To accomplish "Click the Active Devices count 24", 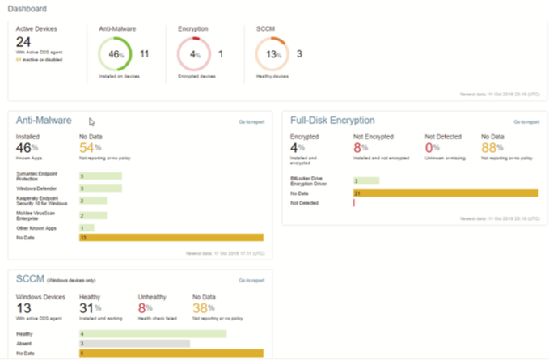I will click(23, 42).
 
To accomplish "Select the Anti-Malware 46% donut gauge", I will click(115, 54).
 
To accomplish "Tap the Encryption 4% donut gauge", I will click(194, 54).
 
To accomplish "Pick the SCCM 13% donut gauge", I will click(272, 54).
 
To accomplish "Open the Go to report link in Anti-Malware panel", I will click(251, 121).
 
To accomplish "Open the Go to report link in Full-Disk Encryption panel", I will click(526, 122).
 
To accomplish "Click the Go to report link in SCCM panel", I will click(251, 280).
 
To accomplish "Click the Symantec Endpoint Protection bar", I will click(99, 176).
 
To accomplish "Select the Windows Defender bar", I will click(99, 188).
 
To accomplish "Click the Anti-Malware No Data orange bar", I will click(171, 238).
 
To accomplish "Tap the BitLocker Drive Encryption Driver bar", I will click(365, 181).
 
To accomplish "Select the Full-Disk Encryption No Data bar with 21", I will click(445, 193).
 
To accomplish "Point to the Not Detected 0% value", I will click(433, 149).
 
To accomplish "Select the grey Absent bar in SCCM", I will click(134, 343).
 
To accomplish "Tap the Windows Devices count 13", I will click(24, 307).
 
